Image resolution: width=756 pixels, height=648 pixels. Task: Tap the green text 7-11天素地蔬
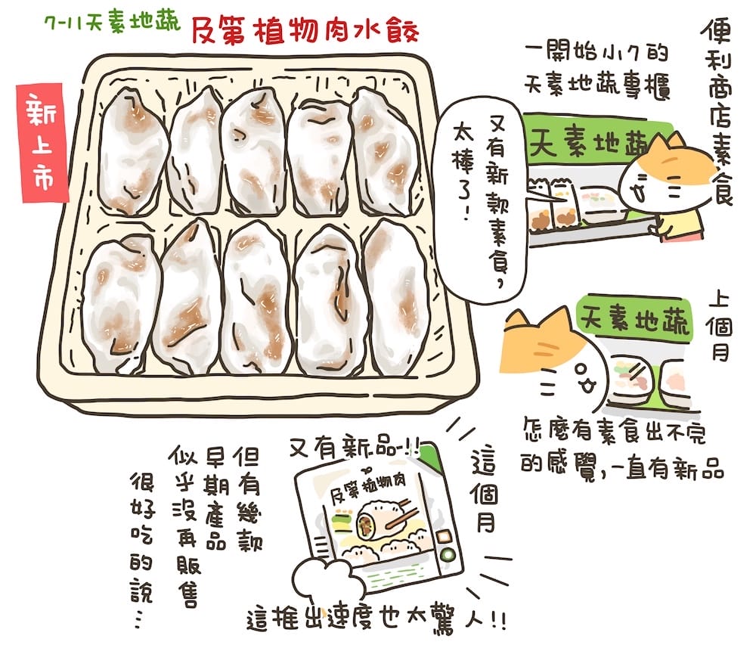coord(113,23)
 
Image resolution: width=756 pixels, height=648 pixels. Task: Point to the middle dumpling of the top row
coord(253,151)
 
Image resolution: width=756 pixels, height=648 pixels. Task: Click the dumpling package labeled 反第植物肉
coord(378,522)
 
